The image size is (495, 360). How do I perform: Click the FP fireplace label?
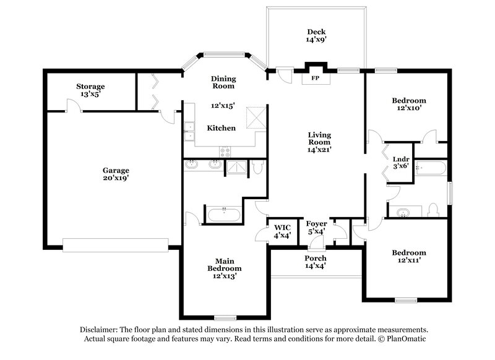pos(315,79)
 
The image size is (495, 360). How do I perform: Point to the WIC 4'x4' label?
pos(281,231)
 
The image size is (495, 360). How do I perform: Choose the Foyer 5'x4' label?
pos(316,227)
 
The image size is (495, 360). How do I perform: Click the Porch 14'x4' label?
pos(316,262)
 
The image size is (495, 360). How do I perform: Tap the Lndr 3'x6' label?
pos(400,162)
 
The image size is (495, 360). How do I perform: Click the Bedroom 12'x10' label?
pos(408,104)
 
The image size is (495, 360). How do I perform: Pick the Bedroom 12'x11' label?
pos(408,257)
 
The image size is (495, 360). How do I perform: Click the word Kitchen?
pos(221,128)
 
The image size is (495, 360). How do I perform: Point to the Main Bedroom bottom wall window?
pos(225,318)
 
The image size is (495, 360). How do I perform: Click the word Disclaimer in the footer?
pos(99,330)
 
